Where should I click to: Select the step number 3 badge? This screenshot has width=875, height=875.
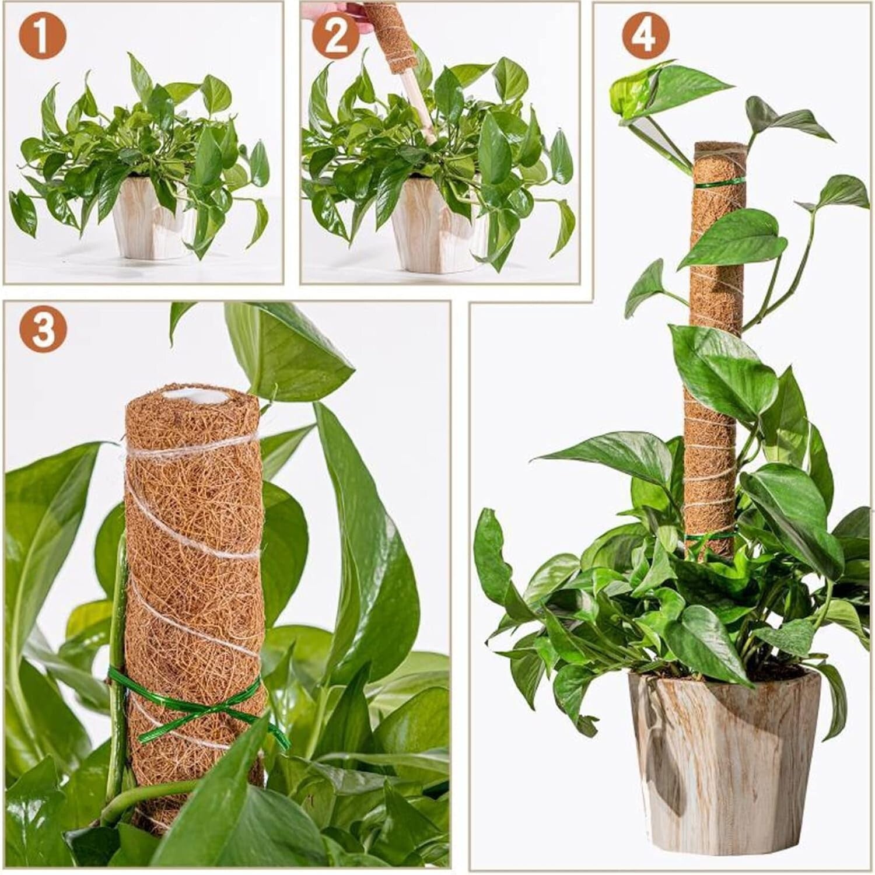pos(41,328)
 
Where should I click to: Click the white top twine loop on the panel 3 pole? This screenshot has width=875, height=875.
pos(192,449)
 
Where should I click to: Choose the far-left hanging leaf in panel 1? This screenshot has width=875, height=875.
pos(23,210)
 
